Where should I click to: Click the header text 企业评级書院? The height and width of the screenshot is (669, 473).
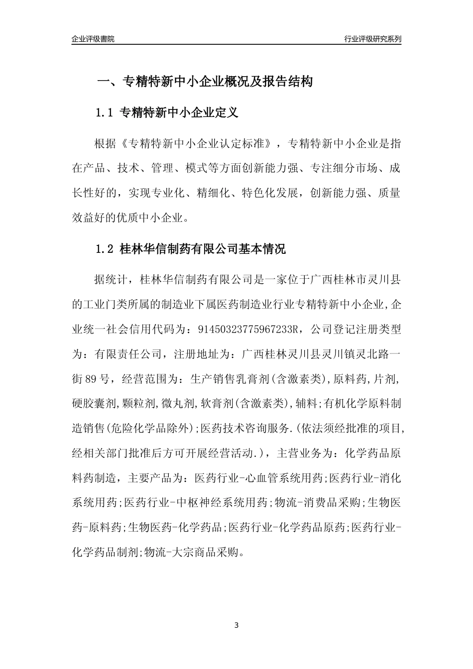tap(93, 39)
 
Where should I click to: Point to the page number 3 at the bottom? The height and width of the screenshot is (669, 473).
tap(236, 625)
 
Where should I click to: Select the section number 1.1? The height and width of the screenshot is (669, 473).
tap(105, 113)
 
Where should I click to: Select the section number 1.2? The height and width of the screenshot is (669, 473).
tap(105, 249)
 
